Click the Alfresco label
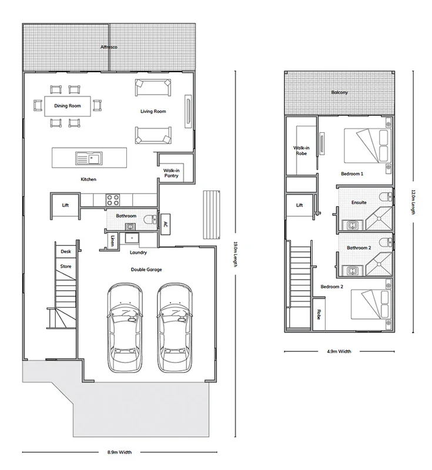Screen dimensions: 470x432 110,46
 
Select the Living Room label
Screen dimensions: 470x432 153,111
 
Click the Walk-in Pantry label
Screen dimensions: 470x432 172,173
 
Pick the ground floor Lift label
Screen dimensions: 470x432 65,205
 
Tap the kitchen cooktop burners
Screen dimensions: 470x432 113,199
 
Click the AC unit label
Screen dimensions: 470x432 165,224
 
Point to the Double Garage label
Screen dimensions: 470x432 146,269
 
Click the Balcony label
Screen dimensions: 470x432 339,92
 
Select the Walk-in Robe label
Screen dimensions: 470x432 301,151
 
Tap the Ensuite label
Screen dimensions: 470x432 359,202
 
